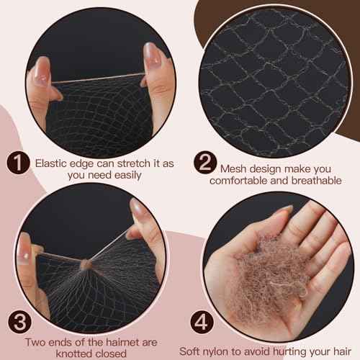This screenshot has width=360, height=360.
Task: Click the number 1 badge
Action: pyautogui.click(x=18, y=163)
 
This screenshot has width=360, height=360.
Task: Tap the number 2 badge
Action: pyautogui.click(x=205, y=162)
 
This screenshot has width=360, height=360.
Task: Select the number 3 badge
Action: pyautogui.click(x=19, y=322)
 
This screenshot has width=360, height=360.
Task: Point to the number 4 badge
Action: pyautogui.click(x=202, y=322)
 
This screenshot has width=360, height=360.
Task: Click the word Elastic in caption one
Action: pyautogui.click(x=51, y=163)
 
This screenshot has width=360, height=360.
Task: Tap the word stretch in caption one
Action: pyautogui.click(x=134, y=163)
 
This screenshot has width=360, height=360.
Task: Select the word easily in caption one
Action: pyautogui.click(x=128, y=176)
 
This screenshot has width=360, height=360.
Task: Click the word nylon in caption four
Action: pyautogui.click(x=216, y=352)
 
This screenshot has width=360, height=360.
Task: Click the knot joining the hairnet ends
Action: pyautogui.click(x=86, y=264)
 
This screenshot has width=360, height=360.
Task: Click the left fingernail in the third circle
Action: pyautogui.click(x=24, y=249)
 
